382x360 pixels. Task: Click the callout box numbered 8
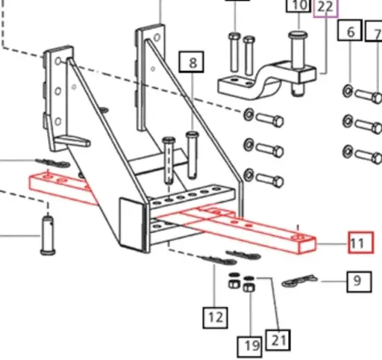tap(193, 63)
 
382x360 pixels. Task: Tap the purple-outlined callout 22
tap(325, 7)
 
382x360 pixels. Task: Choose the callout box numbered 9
tap(357, 281)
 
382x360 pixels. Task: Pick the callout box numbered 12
tap(216, 317)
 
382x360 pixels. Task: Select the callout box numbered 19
tap(249, 345)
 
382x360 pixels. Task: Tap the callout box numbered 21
tap(278, 340)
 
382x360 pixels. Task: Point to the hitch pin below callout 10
tap(300, 60)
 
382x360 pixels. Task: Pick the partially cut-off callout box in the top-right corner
tap(378, 34)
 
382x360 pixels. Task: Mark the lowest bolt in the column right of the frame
tap(269, 179)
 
